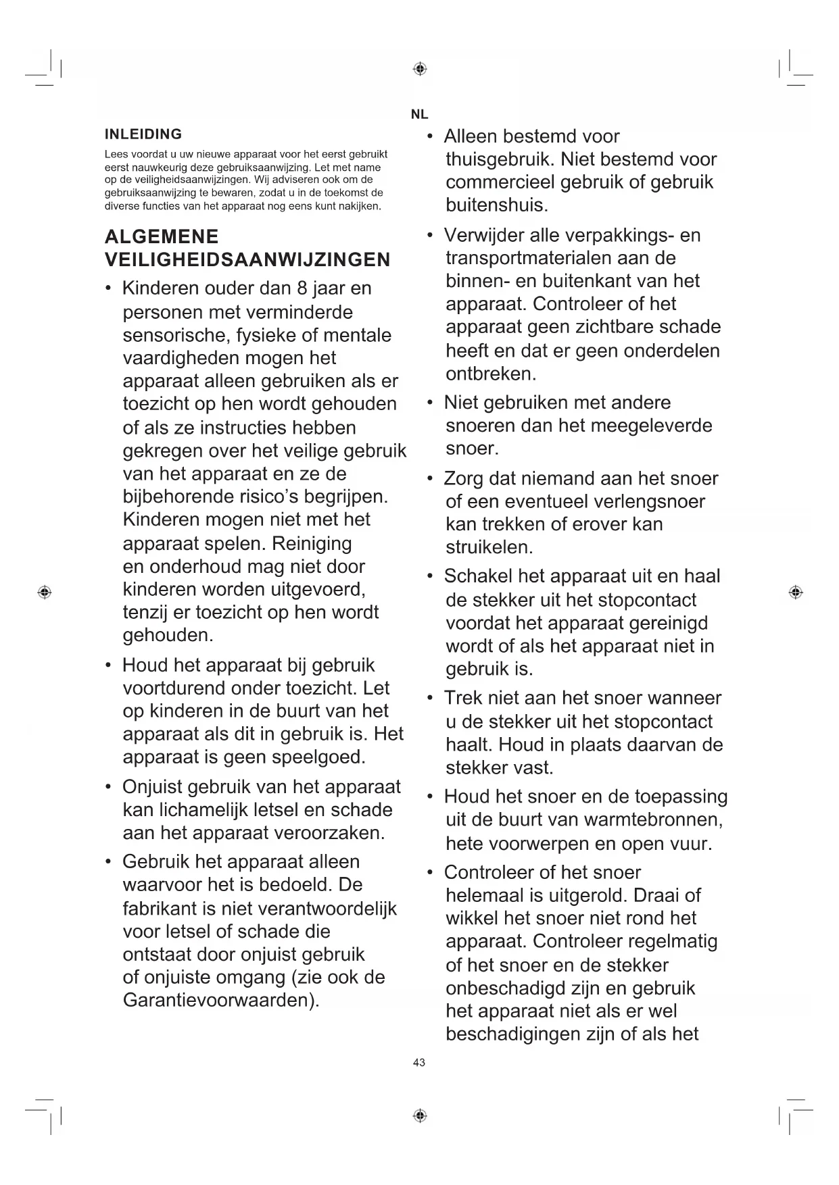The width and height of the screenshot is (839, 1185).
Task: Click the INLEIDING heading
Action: coord(143,134)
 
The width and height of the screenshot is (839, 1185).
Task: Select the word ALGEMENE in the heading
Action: coord(162,236)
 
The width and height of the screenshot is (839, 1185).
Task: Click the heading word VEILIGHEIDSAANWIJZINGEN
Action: coord(247,259)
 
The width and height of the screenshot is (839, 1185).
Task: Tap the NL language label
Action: coord(419,115)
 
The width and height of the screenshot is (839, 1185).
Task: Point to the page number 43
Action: coord(419,1063)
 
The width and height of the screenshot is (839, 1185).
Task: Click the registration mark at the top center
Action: coord(419,69)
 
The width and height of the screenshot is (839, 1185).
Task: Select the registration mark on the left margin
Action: coord(45,592)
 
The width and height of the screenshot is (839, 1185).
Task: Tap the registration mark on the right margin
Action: coord(796,592)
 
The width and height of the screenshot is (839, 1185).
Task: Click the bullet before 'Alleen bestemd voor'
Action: coord(430,137)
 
